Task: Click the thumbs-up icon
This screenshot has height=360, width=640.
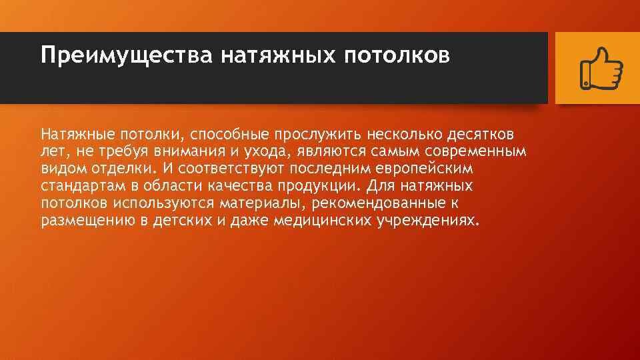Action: coord(601,67)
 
